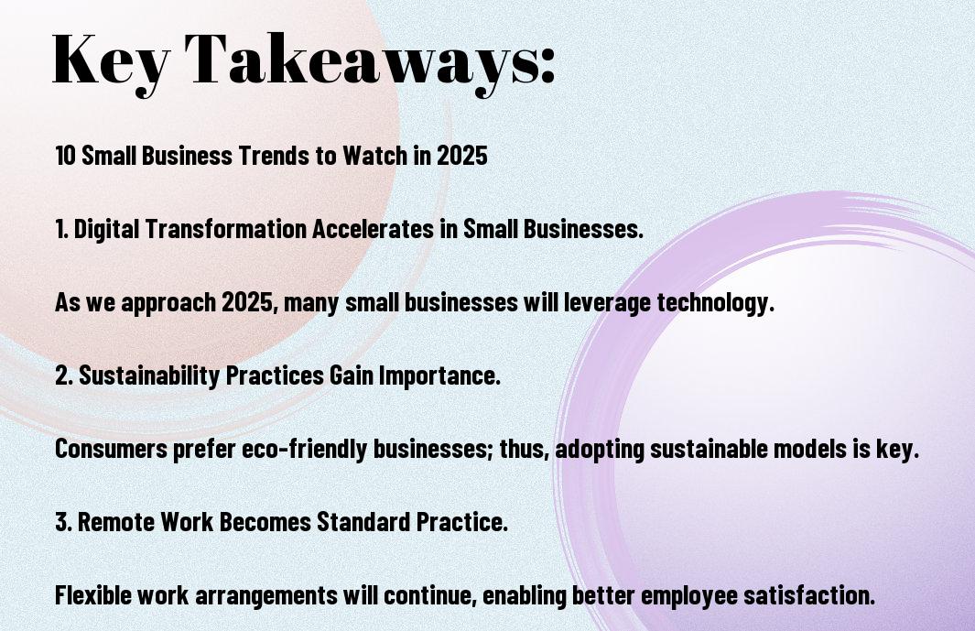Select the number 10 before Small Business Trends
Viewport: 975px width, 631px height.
tap(65, 156)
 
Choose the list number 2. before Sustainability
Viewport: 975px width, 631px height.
tap(64, 375)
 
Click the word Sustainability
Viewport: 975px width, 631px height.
tap(148, 376)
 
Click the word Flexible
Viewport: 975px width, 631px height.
tap(92, 595)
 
